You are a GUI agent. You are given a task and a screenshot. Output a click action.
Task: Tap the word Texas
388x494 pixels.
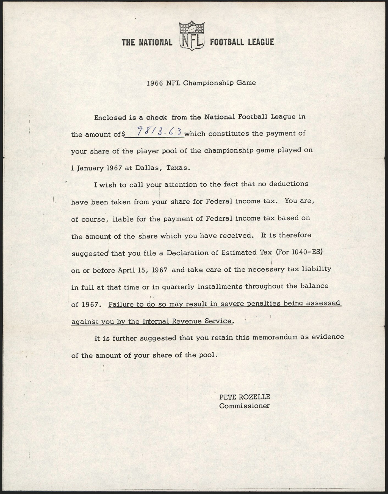177,168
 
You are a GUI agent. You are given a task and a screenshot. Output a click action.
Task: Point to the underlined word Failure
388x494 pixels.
120,304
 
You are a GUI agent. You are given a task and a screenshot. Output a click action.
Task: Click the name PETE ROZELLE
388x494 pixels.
244,397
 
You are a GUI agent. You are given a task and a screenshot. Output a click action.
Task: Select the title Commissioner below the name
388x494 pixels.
244,406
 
